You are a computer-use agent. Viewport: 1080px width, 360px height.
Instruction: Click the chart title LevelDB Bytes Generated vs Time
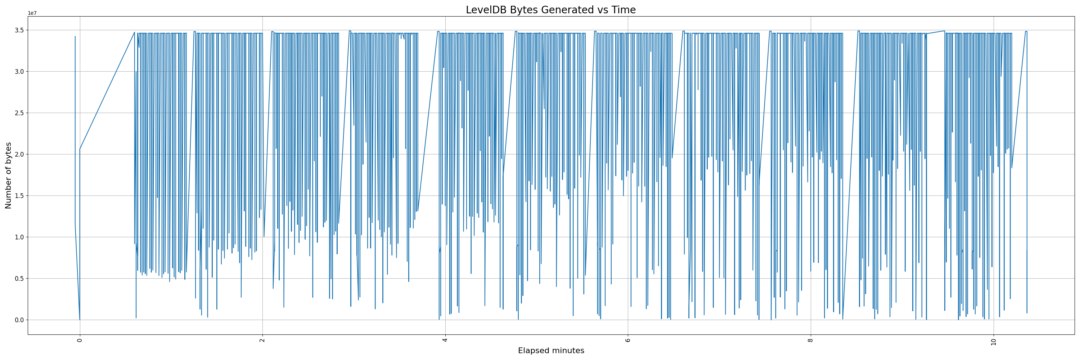click(x=550, y=10)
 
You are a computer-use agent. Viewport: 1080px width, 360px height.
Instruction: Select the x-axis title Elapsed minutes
click(x=551, y=351)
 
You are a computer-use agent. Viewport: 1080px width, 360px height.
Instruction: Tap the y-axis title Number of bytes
click(x=8, y=175)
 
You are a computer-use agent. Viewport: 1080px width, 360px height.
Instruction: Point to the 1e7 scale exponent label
click(x=32, y=13)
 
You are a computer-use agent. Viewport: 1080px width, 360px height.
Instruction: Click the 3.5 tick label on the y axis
click(x=19, y=30)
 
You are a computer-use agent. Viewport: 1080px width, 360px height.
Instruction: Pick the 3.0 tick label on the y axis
click(x=19, y=72)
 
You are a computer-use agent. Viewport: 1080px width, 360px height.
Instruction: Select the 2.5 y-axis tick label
click(x=19, y=113)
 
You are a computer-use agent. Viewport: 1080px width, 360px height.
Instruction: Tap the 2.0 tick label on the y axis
click(x=19, y=154)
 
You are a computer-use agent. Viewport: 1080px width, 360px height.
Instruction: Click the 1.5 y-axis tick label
click(x=19, y=196)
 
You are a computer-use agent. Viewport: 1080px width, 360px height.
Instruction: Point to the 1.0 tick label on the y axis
click(x=19, y=237)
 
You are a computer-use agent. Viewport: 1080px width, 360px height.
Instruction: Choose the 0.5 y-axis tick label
click(x=19, y=279)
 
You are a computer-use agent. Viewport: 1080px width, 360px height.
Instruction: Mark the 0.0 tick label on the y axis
click(x=19, y=320)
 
